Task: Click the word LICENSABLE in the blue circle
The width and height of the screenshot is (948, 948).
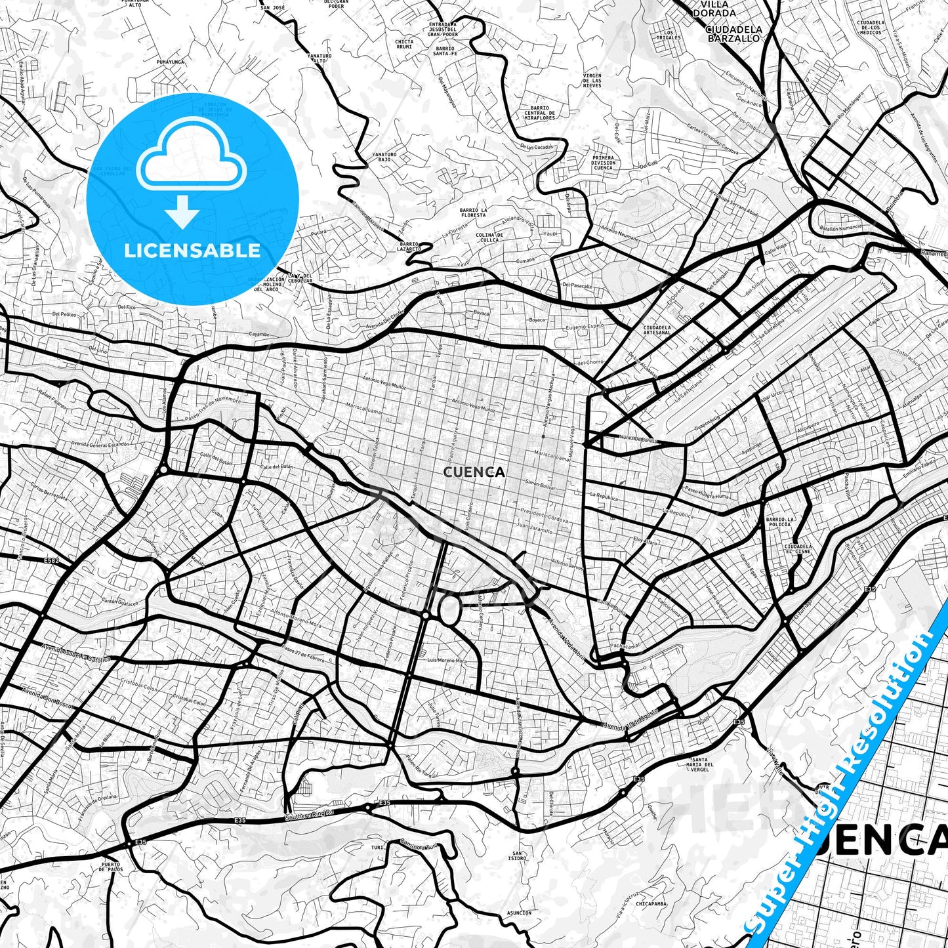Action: (192, 251)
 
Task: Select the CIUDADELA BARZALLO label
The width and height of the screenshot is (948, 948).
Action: (734, 33)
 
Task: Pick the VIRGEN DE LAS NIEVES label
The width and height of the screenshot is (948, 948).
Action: (592, 81)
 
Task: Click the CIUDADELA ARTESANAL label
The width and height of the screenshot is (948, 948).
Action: (657, 329)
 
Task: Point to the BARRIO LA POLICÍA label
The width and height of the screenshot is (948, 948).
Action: (779, 522)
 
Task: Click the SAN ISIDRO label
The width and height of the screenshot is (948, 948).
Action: (517, 855)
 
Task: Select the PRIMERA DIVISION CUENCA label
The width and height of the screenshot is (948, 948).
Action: (603, 163)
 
